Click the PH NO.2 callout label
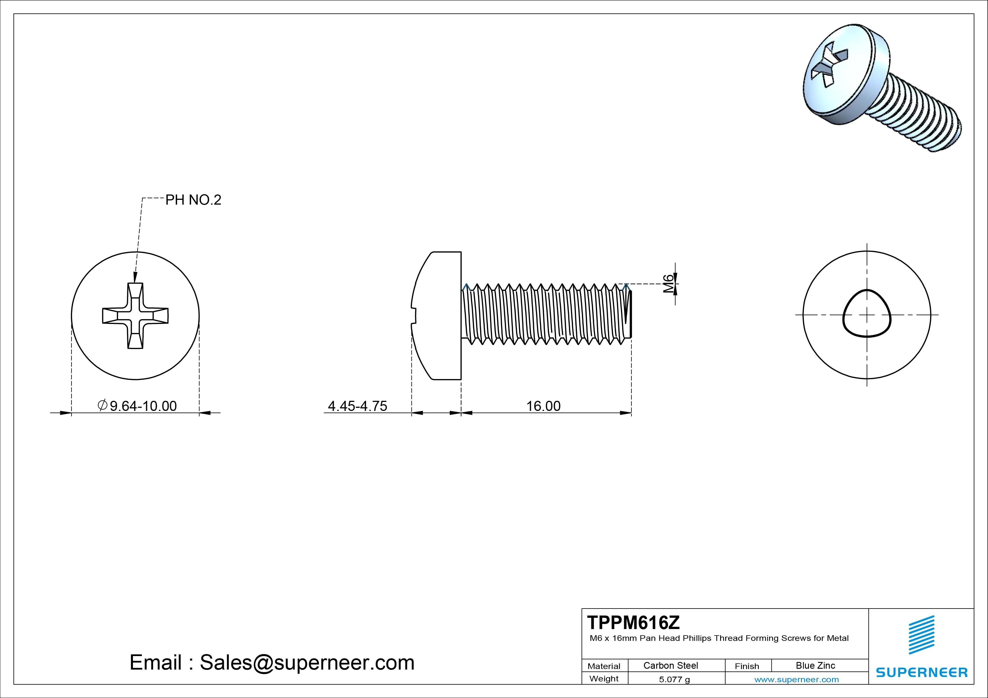click(x=193, y=200)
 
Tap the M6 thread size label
click(x=667, y=284)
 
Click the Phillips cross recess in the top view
click(x=135, y=316)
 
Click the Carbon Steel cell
click(x=670, y=665)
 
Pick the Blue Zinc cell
click(x=815, y=665)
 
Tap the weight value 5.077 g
click(x=674, y=679)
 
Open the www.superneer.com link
click(x=796, y=679)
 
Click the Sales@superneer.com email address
click(x=307, y=663)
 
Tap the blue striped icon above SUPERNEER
click(x=921, y=635)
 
